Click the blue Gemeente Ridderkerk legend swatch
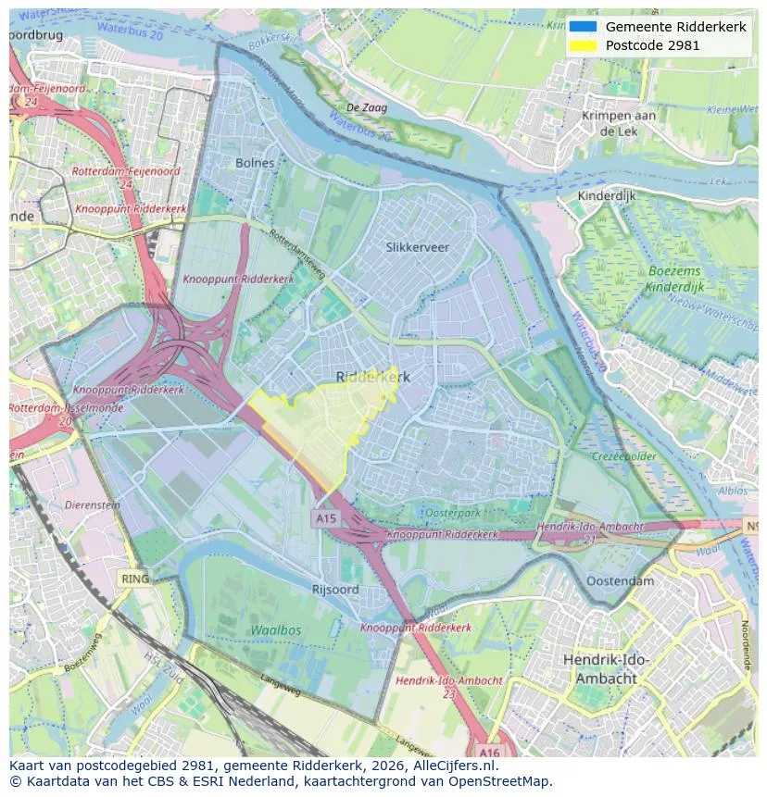(583, 28)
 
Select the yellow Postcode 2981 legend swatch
(583, 45)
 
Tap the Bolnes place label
(255, 163)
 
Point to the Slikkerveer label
(417, 247)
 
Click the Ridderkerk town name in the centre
(372, 377)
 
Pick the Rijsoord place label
(335, 589)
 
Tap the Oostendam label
(620, 581)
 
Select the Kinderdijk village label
(606, 196)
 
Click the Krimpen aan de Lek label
(618, 123)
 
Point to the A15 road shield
(325, 519)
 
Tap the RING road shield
(135, 579)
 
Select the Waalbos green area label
(275, 629)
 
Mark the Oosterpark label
(451, 513)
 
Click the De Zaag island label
(367, 108)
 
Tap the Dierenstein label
(93, 505)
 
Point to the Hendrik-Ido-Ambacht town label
(606, 668)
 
